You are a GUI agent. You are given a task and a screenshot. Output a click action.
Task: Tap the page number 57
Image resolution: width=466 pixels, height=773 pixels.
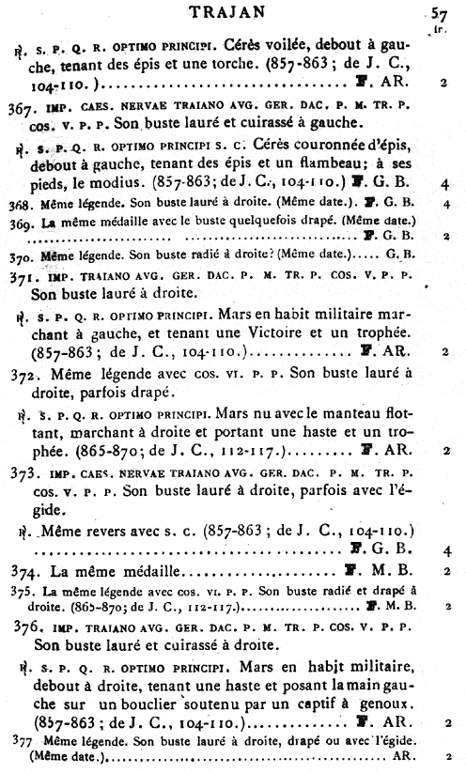point(439,13)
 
